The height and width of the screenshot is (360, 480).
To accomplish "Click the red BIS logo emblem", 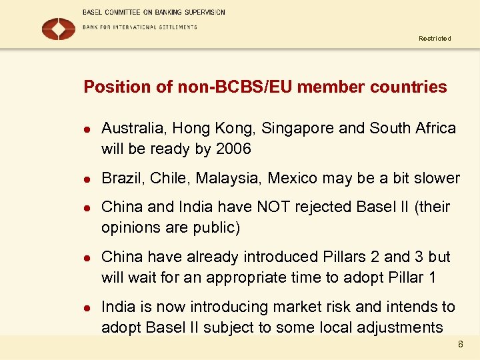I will (59, 29).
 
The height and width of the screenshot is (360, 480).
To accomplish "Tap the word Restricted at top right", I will (435, 39).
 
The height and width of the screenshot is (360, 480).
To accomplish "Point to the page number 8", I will (460, 345).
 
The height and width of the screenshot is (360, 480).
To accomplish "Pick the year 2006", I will (233, 149).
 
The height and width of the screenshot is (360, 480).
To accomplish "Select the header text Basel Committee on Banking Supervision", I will (154, 12).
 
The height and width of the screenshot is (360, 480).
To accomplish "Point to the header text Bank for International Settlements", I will (140, 27).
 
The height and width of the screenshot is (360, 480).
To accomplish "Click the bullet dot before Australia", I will (86, 129).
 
